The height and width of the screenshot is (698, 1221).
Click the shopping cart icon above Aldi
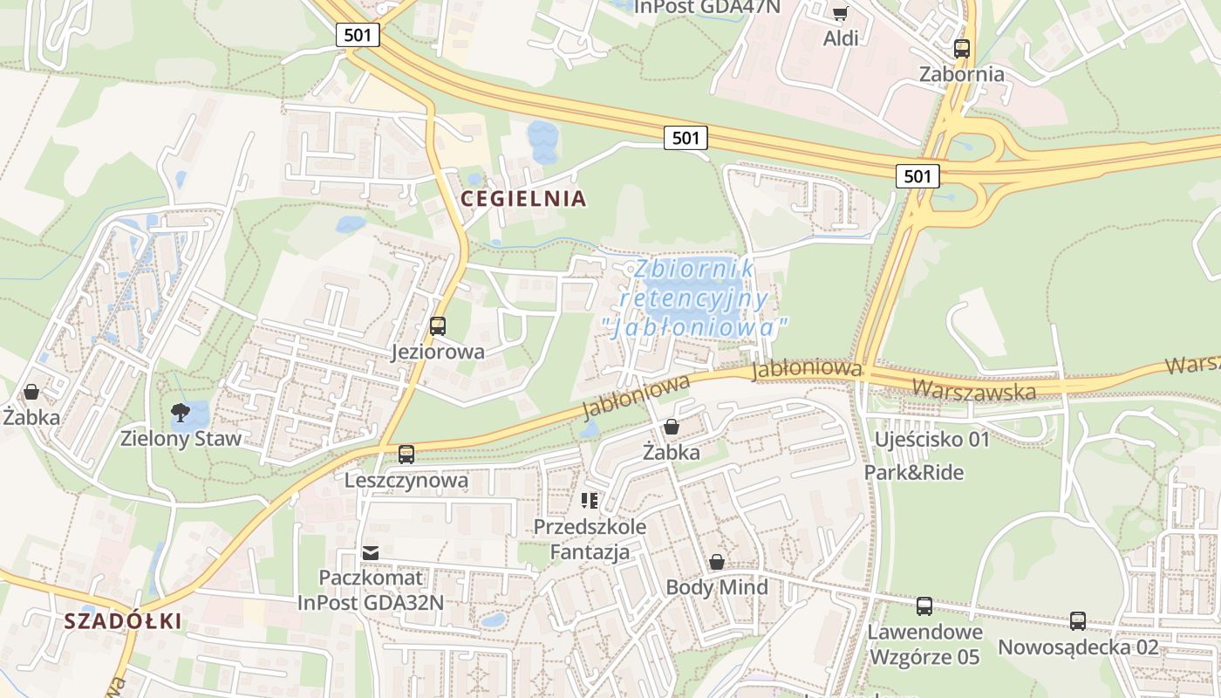[x=840, y=12]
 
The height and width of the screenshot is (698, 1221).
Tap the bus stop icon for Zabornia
[x=962, y=49]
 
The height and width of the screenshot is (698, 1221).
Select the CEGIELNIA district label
[x=523, y=199]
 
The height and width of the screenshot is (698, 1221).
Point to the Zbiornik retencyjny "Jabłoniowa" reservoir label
[x=694, y=298]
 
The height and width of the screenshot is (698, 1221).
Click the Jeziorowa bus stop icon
[x=438, y=326]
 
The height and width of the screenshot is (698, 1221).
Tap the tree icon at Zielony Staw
[x=181, y=412]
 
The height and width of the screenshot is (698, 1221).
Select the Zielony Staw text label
[x=181, y=438]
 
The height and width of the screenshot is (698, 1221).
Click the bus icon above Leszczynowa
[x=406, y=454]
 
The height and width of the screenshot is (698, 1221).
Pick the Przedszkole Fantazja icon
[x=590, y=500]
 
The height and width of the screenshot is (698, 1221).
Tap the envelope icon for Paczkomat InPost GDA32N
[x=371, y=552]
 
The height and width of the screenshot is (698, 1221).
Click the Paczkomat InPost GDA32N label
[x=371, y=590]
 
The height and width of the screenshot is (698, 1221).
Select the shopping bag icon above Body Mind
[x=717, y=561]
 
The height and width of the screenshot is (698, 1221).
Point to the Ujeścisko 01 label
[x=932, y=439]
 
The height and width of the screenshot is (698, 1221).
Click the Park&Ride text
[x=914, y=473]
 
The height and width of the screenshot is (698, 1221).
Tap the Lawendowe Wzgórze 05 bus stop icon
[x=924, y=606]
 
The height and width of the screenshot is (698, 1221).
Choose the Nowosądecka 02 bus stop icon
[x=1078, y=620]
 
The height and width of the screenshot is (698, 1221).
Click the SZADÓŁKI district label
[x=123, y=621]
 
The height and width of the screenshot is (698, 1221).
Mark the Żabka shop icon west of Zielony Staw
[x=31, y=392]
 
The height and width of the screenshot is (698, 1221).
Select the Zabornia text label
[x=962, y=74]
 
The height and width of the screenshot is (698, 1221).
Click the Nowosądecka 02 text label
[x=1078, y=647]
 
